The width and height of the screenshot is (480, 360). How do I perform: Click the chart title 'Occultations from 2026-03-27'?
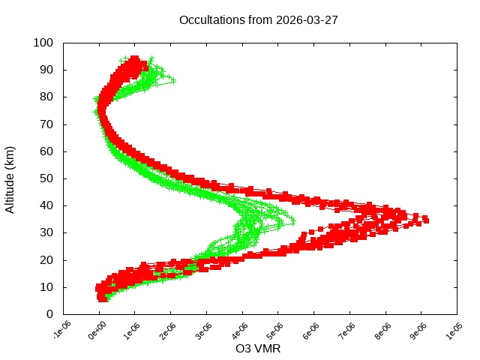(259, 20)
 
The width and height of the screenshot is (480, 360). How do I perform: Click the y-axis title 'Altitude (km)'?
(10, 178)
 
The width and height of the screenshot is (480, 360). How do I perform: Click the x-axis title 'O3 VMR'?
(258, 349)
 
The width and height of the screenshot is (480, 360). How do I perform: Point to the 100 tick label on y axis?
(43, 43)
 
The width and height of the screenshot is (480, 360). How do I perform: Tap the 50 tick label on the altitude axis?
(46, 178)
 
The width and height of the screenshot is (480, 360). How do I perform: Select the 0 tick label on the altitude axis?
(49, 314)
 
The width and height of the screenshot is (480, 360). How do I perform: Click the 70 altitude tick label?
(46, 124)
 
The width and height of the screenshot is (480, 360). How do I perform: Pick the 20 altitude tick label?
(46, 260)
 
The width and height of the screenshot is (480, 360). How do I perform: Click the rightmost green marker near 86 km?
(173, 79)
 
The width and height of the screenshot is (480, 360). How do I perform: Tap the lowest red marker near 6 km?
(103, 298)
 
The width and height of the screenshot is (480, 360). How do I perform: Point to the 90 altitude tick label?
(46, 70)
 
